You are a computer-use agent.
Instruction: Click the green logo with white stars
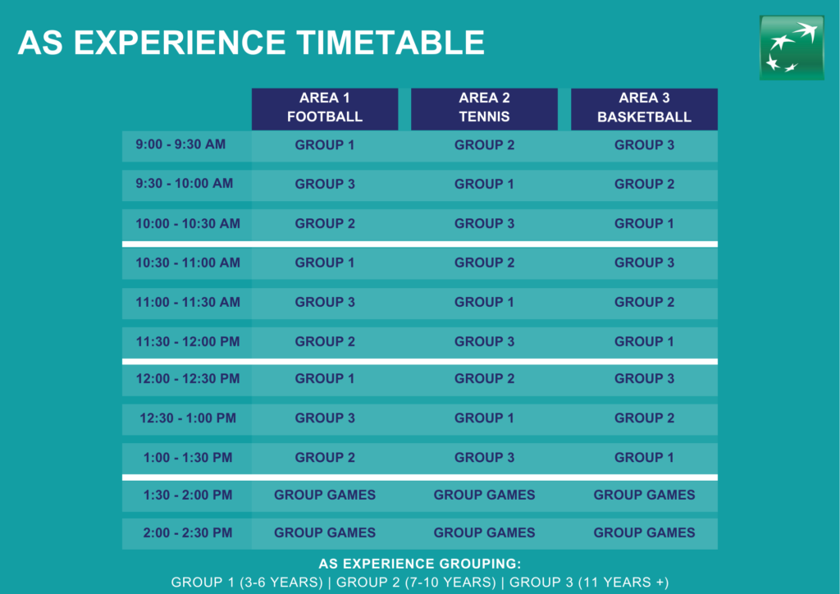pyautogui.click(x=792, y=48)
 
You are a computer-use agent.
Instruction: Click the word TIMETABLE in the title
pyautogui.click(x=390, y=43)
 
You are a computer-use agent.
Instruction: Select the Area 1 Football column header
pyautogui.click(x=325, y=109)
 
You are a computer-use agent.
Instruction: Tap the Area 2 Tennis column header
pyautogui.click(x=484, y=109)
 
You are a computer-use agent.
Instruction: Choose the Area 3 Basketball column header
pyautogui.click(x=644, y=109)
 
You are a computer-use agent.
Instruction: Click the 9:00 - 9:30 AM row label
pyautogui.click(x=180, y=144)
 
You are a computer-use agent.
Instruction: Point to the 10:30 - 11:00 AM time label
pyautogui.click(x=188, y=263)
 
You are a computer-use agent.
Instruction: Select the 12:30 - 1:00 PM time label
pyautogui.click(x=188, y=418)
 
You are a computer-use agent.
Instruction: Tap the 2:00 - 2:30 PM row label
pyautogui.click(x=188, y=533)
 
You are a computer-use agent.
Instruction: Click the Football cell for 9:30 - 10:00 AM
pyautogui.click(x=325, y=185)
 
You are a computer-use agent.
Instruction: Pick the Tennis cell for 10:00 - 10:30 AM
pyautogui.click(x=484, y=223)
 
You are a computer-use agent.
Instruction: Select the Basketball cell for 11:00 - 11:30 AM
pyautogui.click(x=644, y=302)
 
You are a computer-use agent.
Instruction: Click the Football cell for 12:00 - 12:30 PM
pyautogui.click(x=325, y=379)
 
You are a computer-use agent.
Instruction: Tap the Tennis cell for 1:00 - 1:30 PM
pyautogui.click(x=484, y=458)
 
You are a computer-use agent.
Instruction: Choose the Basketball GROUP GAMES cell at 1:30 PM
pyautogui.click(x=644, y=495)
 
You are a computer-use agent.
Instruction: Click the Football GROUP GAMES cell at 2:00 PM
pyautogui.click(x=325, y=533)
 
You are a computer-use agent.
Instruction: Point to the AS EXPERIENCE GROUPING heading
pyautogui.click(x=420, y=564)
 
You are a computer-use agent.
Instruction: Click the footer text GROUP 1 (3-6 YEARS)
pyautogui.click(x=247, y=583)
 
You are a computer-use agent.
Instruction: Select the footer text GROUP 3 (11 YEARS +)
pyautogui.click(x=589, y=583)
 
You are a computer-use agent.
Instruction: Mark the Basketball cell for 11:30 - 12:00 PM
pyautogui.click(x=644, y=342)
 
